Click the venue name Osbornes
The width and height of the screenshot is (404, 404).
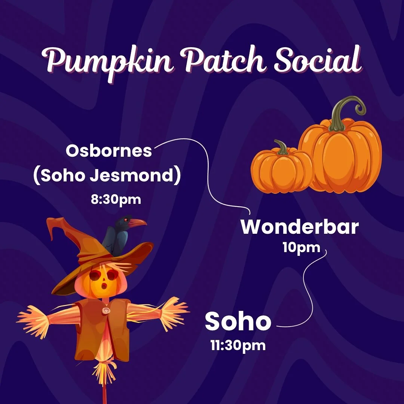[x=109, y=151]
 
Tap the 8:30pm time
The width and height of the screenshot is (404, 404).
[x=116, y=199]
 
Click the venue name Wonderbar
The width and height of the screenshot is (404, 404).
[x=299, y=227]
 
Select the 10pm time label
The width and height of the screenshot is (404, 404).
[x=302, y=248]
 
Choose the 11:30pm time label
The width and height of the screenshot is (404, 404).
[x=238, y=345]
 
